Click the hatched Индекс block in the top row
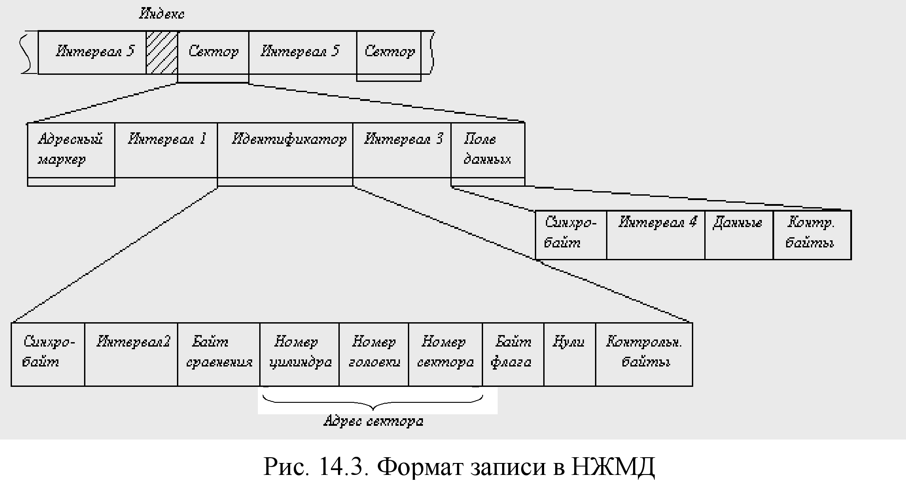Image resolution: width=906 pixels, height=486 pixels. coord(162,52)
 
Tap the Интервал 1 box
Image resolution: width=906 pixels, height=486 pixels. coord(166,150)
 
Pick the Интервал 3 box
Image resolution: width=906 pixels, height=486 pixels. coord(402,150)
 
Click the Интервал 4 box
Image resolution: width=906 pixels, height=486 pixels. coord(656,235)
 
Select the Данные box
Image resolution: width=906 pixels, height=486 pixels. coord(739,235)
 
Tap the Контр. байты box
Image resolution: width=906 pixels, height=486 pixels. coord(812,235)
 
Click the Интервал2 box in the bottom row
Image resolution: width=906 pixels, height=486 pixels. coord(131,355)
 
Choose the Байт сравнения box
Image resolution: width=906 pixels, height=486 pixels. coord(219,355)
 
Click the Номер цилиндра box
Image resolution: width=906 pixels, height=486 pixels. coord(299,355)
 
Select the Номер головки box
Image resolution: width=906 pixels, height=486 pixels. coord(374,355)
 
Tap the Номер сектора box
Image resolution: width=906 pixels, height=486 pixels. coord(445,355)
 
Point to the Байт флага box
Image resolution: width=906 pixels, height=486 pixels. coord(513,355)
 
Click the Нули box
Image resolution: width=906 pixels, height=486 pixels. coord(570,355)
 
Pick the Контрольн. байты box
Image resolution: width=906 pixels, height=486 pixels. coord(644,355)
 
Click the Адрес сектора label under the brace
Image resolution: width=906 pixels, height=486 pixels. coord(373,421)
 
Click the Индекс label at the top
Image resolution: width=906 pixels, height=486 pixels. coord(161,14)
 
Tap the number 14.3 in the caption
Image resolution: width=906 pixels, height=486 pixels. coord(343,467)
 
